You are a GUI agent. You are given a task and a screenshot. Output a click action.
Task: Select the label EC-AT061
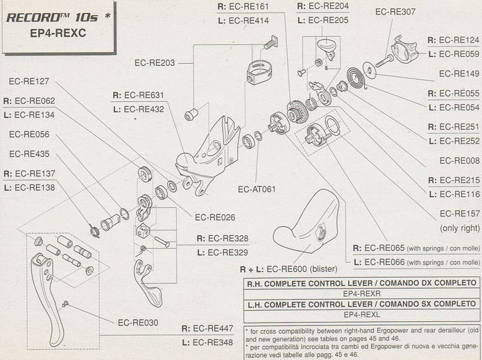coord(257,189)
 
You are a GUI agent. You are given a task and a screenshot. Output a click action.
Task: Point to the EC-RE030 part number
coord(138,322)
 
